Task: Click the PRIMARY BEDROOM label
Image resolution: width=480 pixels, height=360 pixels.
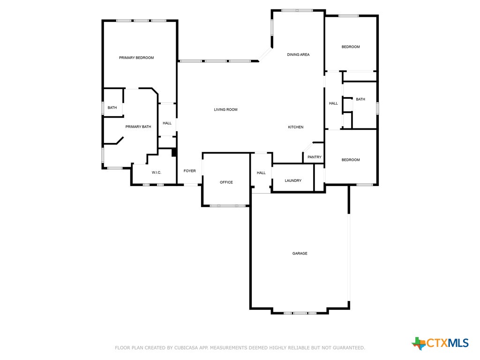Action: [136, 58]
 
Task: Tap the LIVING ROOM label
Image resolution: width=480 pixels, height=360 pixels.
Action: [225, 110]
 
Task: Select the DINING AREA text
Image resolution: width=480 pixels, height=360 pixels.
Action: [298, 55]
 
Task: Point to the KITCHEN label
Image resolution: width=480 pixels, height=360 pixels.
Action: [295, 127]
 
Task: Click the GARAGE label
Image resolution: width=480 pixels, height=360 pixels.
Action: [300, 254]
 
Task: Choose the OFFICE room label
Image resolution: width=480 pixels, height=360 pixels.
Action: [226, 182]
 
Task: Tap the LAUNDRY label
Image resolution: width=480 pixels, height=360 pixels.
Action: [293, 180]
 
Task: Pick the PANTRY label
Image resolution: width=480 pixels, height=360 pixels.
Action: [315, 157]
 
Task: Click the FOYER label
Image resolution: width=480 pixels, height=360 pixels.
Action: [189, 171]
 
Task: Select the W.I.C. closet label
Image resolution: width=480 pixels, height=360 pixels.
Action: [157, 173]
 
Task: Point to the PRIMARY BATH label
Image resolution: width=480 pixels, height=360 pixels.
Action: [138, 127]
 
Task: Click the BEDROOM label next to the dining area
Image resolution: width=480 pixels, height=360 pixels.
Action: [351, 47]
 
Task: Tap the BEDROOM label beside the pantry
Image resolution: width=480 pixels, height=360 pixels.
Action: [351, 160]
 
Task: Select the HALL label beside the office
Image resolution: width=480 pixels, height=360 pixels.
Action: [261, 173]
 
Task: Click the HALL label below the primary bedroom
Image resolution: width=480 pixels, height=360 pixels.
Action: [167, 123]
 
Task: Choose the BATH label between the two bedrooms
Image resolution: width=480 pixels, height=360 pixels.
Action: [360, 99]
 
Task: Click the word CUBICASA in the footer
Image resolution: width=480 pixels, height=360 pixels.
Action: [185, 348]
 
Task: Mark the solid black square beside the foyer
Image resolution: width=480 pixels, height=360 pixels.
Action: [174, 152]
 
